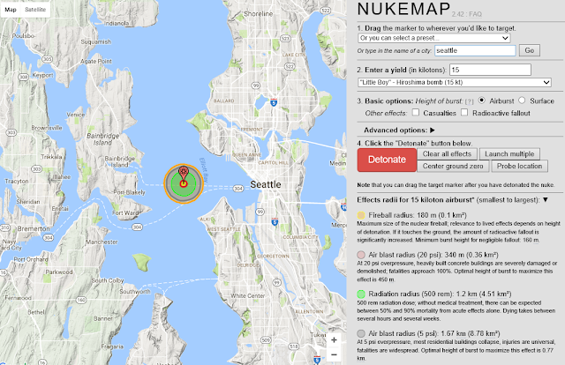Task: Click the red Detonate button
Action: tap(387, 160)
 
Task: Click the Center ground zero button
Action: tap(451, 167)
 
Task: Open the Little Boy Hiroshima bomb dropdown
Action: tap(454, 82)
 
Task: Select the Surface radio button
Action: tap(523, 101)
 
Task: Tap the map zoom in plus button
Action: tap(333, 339)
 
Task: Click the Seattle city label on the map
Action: tap(266, 185)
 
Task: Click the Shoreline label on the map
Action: tap(259, 14)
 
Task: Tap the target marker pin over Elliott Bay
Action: tap(183, 173)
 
